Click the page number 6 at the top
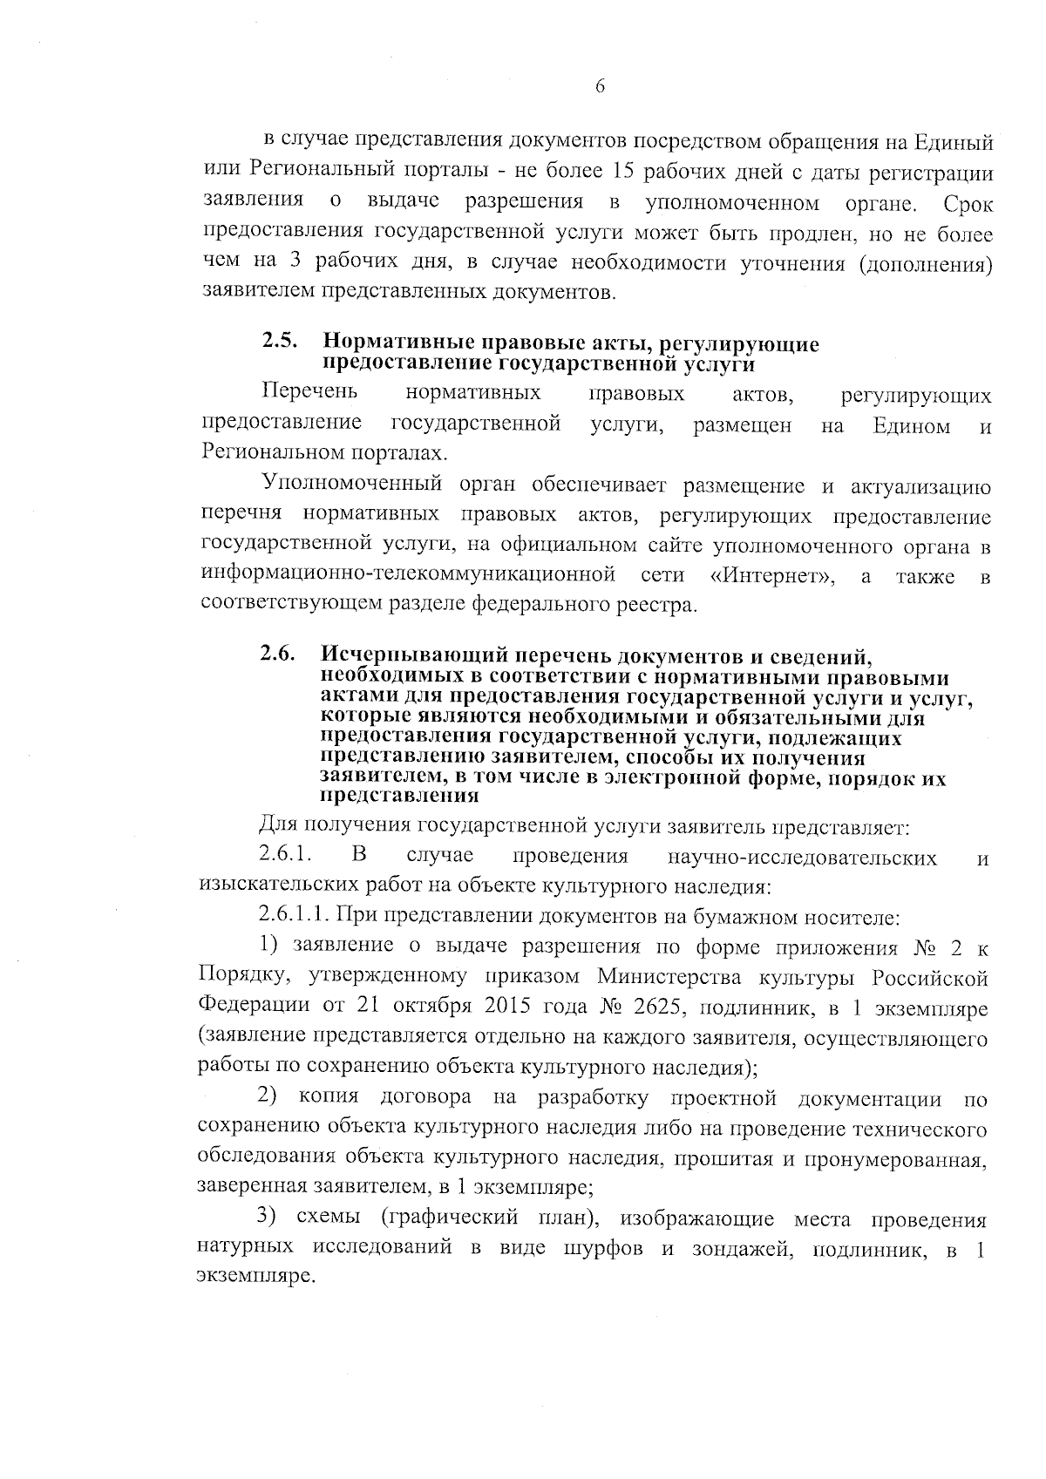[600, 85]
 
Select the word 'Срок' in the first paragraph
[968, 205]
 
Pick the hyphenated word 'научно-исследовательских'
[802, 858]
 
